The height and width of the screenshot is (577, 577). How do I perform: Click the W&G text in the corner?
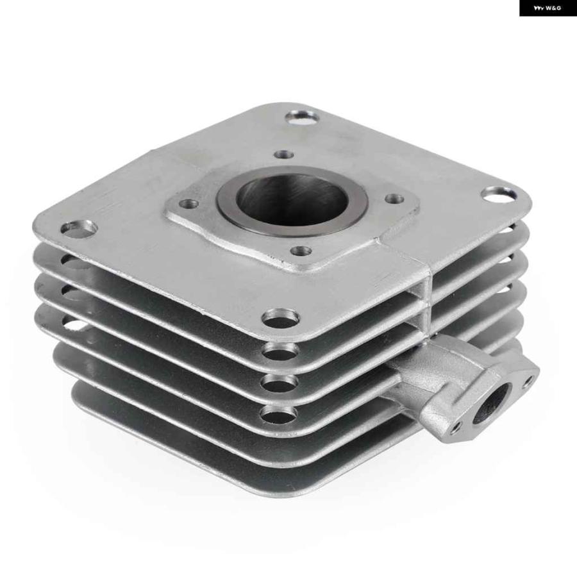[x=553, y=8]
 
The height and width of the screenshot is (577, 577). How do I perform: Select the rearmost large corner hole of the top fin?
[x=303, y=118]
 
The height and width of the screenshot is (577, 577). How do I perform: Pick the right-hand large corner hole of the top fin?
[x=499, y=194]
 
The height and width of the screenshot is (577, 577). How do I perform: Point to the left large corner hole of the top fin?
[x=79, y=228]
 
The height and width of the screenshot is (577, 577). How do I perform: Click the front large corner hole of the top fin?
[x=281, y=318]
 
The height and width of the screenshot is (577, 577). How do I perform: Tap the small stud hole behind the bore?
[x=285, y=154]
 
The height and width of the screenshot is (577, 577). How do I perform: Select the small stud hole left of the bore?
[x=188, y=203]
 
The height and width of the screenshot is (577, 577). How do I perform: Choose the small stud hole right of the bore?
[x=395, y=199]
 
